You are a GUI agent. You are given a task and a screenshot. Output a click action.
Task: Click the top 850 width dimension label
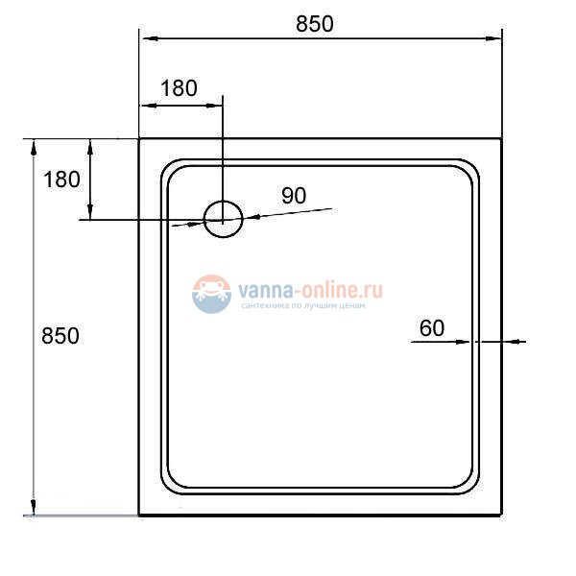[x=315, y=24]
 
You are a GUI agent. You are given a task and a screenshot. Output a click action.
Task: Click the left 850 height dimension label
[x=60, y=336]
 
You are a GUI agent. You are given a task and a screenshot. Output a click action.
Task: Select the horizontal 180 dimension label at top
[x=179, y=88]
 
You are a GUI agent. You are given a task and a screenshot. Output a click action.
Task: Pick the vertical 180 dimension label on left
[x=60, y=180]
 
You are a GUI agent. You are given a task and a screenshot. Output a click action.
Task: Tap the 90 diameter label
[x=294, y=195]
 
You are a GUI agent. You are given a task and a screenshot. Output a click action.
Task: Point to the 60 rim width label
[x=432, y=328]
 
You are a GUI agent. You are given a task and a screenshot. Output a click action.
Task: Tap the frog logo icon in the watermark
[x=211, y=294]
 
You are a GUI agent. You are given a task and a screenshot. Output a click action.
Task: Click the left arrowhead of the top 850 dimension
[x=147, y=38]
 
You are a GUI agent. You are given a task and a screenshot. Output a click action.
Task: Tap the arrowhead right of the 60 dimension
[x=512, y=341]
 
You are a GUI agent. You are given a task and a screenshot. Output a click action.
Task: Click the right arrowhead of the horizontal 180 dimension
[x=215, y=104]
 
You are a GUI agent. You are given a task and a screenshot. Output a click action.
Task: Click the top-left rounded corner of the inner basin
[x=171, y=170]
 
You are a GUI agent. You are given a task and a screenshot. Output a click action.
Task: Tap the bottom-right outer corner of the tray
[x=501, y=516]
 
